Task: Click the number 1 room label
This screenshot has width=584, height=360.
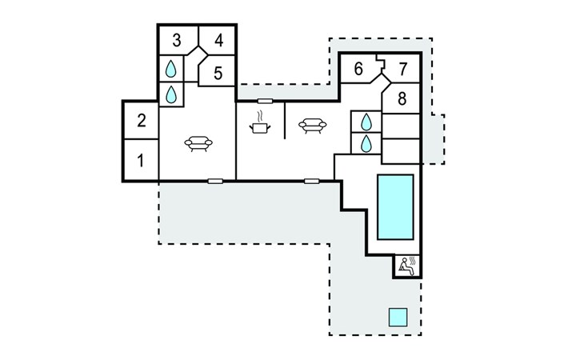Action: [141, 160]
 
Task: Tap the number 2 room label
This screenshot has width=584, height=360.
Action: [141, 121]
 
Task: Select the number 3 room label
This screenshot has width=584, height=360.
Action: [176, 39]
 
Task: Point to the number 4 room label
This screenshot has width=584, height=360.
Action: [218, 39]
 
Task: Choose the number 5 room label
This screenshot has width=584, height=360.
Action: [218, 74]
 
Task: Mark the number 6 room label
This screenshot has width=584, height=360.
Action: [358, 69]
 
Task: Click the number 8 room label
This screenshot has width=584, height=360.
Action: [402, 99]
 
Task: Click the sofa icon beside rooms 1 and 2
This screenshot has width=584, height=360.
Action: [198, 143]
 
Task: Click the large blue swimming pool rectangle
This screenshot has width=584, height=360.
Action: [395, 206]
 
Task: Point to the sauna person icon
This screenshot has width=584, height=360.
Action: [406, 265]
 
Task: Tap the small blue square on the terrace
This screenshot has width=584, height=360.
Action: [398, 316]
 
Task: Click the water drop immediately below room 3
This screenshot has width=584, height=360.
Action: [170, 70]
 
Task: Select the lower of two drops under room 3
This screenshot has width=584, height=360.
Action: [170, 94]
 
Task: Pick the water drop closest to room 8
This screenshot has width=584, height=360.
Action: [366, 122]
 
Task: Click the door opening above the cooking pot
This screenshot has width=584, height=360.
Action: [265, 101]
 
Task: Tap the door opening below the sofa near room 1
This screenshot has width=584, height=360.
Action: [214, 181]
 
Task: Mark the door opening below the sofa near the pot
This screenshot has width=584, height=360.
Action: [312, 181]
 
